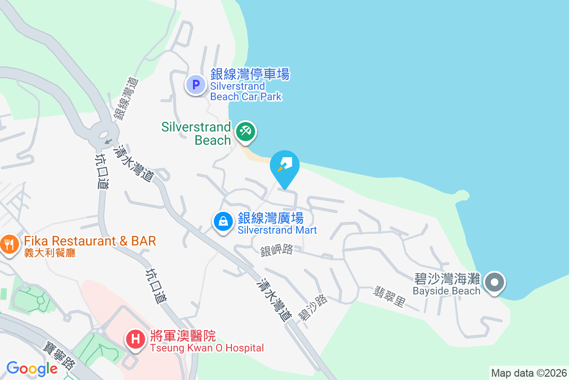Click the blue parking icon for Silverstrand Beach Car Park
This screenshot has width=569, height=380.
coord(196,85)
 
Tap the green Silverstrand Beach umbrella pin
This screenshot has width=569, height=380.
coord(245,131)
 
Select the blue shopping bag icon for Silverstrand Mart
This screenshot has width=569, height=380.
coord(222,221)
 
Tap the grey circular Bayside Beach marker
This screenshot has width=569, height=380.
coord(495,283)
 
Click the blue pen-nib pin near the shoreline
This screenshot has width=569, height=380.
coord(284,166)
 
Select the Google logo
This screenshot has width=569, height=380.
coord(32,368)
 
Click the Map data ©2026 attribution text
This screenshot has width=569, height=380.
coord(529,373)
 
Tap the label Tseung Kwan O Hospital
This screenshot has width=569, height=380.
coord(207,348)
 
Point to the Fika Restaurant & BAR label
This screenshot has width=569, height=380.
coord(90,241)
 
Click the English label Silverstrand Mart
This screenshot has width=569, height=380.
coord(277,230)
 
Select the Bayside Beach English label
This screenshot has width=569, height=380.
coord(446,291)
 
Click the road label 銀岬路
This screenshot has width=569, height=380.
coord(276,251)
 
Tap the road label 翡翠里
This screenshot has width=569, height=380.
coord(389,296)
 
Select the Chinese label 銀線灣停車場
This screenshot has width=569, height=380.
coord(249,75)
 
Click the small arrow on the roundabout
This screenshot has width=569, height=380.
coord(108,141)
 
